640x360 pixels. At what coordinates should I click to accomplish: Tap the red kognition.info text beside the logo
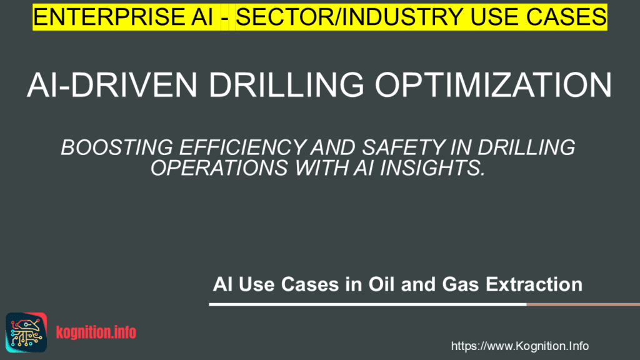pyautogui.click(x=96, y=333)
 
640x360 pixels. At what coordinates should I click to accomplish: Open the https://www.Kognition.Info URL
pyautogui.click(x=519, y=346)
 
